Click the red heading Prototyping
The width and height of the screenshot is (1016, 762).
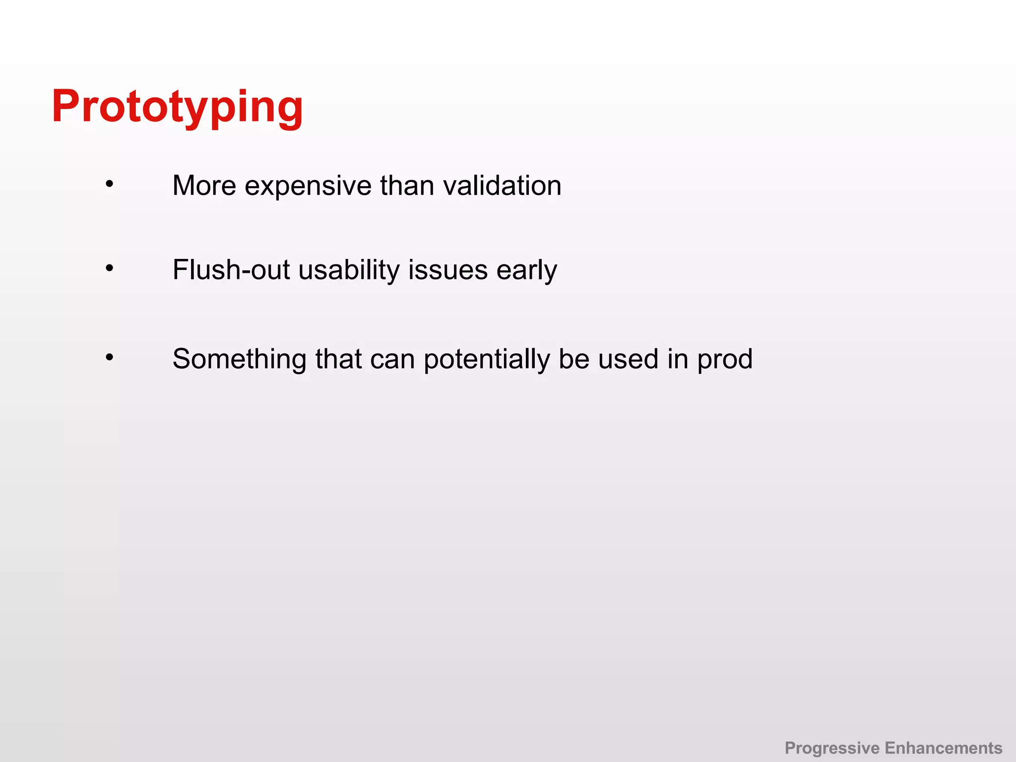(x=177, y=107)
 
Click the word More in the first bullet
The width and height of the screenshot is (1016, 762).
(x=204, y=186)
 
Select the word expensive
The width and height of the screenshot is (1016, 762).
(x=308, y=187)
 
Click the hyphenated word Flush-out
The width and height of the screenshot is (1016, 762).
(x=231, y=270)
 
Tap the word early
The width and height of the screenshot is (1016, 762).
(x=526, y=271)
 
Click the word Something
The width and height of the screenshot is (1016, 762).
(x=239, y=359)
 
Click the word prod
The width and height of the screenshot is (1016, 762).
(x=725, y=359)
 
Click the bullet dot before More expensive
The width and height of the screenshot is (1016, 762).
(x=110, y=185)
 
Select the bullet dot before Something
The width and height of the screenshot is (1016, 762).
(x=110, y=357)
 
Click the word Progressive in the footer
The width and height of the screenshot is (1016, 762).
(x=832, y=748)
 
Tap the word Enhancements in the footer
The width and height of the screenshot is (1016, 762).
(x=944, y=748)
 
